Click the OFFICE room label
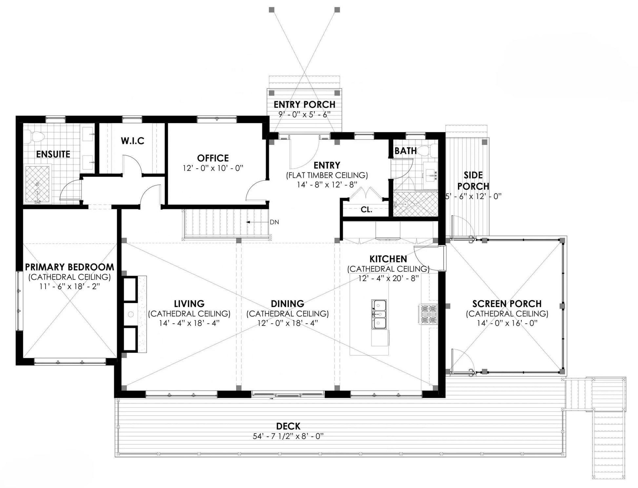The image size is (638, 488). point(213,158)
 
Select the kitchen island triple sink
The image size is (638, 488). point(379,314)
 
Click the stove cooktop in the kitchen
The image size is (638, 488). point(428,314)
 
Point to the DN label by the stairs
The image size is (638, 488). point(274,222)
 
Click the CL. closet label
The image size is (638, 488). point(367,210)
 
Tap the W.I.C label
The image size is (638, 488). point(132,141)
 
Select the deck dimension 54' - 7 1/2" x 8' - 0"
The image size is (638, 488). point(288,436)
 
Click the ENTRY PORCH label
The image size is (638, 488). point(305,104)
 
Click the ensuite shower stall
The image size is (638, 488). point(38,185)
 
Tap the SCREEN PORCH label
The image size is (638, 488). point(507,304)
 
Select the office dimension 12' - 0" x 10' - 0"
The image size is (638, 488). point(213,168)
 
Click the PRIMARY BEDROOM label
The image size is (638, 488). point(70,267)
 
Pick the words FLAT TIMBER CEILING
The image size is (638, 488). point(327,175)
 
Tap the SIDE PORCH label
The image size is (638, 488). point(473,181)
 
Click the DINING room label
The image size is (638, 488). point(288,304)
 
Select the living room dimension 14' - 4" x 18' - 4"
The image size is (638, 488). point(189,323)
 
